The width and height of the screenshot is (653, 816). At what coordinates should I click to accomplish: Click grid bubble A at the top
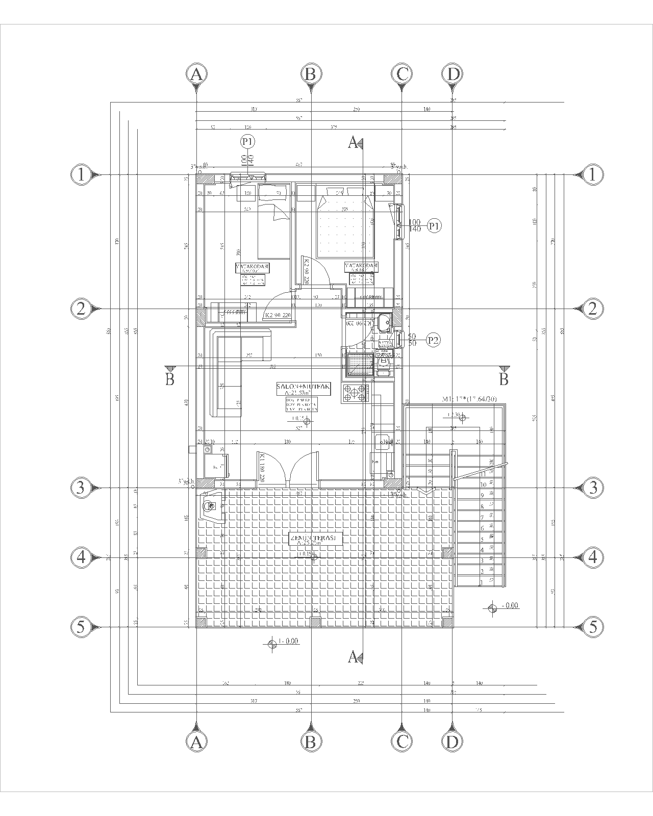pyautogui.click(x=196, y=74)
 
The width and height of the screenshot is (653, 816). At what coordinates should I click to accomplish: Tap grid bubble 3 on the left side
pyautogui.click(x=80, y=488)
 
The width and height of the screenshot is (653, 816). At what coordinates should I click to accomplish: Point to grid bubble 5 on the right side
pyautogui.click(x=592, y=626)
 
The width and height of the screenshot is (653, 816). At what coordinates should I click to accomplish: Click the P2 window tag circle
pyautogui.click(x=434, y=340)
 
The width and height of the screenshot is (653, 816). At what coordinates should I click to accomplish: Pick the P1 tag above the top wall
pyautogui.click(x=248, y=141)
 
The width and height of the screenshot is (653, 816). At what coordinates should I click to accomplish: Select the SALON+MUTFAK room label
pyautogui.click(x=304, y=389)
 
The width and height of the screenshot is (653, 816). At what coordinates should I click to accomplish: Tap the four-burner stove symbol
pyautogui.click(x=356, y=393)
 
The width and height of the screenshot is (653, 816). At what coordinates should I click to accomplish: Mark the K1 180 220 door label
pyautogui.click(x=261, y=468)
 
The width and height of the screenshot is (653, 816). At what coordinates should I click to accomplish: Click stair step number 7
pyautogui.click(x=482, y=518)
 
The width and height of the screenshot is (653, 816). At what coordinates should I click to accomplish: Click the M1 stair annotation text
pyautogui.click(x=469, y=399)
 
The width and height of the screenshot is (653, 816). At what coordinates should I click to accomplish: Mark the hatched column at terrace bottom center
pyautogui.click(x=315, y=622)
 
